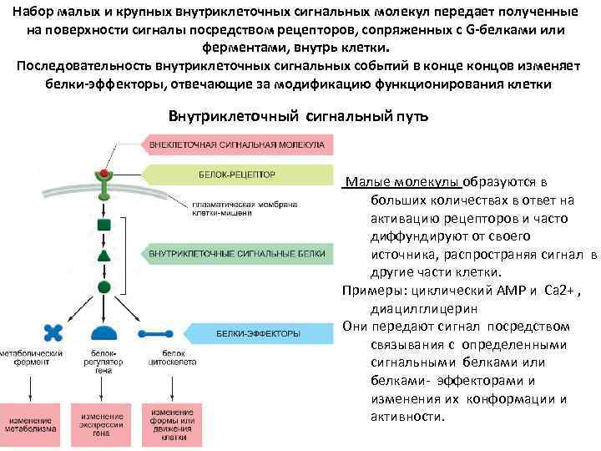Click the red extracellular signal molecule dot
tap(104, 173)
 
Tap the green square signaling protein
tap(104, 224)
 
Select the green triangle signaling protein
tap(104, 256)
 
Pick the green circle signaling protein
tap(104, 286)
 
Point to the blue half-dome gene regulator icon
tap(104, 333)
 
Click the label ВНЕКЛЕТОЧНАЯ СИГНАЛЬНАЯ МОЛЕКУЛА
tap(238, 144)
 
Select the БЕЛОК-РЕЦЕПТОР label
tap(236, 175)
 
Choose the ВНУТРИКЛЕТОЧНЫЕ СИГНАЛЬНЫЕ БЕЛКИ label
tap(238, 251)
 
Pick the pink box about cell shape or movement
tap(173, 423)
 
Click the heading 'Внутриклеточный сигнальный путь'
tap(298, 115)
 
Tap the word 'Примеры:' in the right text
tap(371, 290)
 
